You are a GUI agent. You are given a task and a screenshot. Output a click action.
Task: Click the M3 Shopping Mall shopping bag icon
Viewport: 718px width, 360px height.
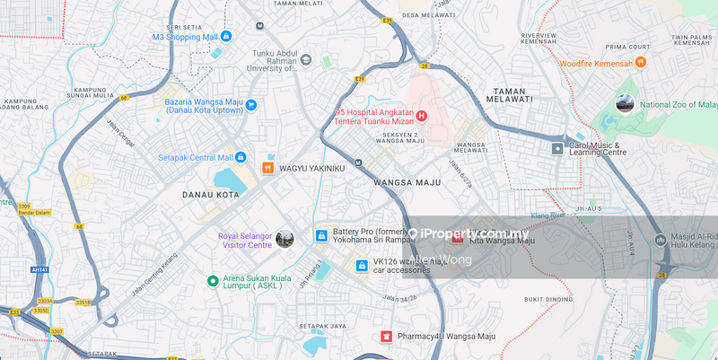pos(225,37)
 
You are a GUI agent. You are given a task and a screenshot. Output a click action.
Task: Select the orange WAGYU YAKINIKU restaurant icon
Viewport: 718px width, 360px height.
pos(267,168)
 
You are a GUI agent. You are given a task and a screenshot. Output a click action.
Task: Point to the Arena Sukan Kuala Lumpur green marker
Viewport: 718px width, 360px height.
pos(213,281)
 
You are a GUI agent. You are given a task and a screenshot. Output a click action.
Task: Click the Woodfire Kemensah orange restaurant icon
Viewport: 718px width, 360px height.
pos(640,62)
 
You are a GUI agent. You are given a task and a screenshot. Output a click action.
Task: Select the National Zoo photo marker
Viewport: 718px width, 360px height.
pos(625,104)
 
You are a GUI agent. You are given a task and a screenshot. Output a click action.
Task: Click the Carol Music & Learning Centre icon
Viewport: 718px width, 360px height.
pos(557,148)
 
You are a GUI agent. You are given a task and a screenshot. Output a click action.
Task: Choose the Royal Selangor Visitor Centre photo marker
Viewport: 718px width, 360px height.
pos(285,239)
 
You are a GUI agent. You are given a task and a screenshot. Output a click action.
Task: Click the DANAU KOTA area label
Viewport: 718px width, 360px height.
pos(211,194)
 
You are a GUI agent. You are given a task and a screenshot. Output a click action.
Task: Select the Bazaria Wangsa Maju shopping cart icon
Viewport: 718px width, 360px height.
pos(251,105)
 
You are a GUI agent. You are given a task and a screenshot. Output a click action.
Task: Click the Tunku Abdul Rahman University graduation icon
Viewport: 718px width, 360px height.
pos(306,60)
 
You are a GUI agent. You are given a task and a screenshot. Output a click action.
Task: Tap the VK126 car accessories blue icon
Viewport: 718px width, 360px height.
pos(362,265)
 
